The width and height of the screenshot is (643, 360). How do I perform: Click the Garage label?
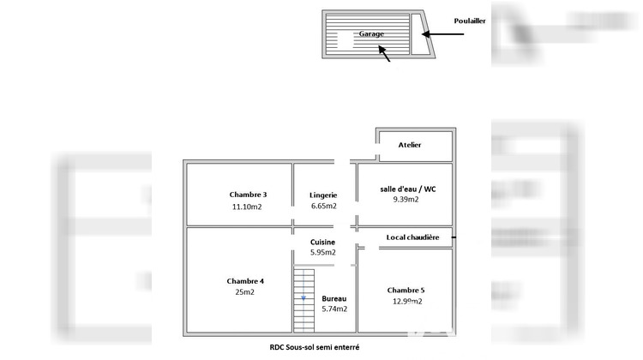point(371,34)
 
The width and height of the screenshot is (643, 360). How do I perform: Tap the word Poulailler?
point(470,21)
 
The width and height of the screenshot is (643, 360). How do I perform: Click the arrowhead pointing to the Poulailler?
point(426,34)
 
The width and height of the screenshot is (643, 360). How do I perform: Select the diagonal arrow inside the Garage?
point(384,53)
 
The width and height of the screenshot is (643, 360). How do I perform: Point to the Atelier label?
point(410,145)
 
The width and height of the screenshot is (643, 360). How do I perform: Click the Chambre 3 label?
point(248,195)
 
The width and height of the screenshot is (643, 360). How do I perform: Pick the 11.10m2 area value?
point(247,207)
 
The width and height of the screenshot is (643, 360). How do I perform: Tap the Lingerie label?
point(323,195)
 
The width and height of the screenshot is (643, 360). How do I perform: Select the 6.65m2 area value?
point(323,206)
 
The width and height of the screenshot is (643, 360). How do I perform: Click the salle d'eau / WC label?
point(407,189)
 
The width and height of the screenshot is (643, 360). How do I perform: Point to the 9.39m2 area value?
point(406,199)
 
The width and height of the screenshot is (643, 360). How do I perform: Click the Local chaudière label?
point(412,237)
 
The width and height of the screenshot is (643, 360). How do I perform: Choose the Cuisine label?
point(322,242)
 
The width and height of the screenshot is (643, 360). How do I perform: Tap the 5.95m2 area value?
point(322,252)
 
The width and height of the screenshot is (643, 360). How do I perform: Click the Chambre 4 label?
point(245,281)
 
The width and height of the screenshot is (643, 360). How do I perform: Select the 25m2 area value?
point(245,292)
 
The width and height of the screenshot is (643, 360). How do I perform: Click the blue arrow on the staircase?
point(303,298)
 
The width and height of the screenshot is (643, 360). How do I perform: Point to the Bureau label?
point(334,298)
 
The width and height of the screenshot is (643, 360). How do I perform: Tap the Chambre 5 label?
point(406,290)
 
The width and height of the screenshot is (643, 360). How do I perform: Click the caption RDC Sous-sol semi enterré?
point(315,347)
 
